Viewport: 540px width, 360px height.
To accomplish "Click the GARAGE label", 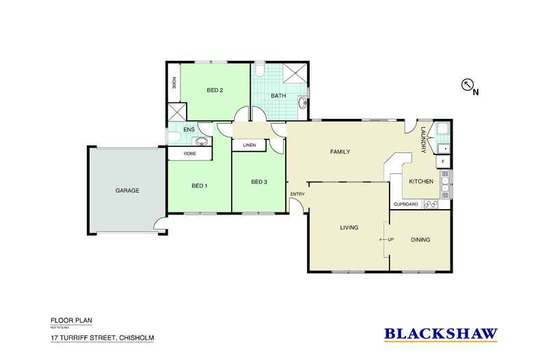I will (127, 191).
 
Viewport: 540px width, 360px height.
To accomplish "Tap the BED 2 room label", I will (215, 89).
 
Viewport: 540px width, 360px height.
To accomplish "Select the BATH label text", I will (278, 96).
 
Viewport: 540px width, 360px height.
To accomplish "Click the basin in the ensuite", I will (201, 141).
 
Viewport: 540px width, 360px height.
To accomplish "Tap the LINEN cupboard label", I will (249, 144).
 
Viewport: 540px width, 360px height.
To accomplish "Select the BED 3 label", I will (259, 182).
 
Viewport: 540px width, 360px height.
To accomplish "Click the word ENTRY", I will (297, 195).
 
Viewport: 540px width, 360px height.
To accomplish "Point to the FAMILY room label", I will (340, 152).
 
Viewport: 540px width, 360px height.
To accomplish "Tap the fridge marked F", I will (443, 161).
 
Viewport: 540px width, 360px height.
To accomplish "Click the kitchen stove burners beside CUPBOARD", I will (431, 204).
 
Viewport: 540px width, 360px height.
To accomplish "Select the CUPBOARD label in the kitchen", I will (406, 204).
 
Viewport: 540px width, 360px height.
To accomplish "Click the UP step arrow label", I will (388, 240).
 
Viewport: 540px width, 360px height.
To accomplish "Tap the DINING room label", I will (421, 240).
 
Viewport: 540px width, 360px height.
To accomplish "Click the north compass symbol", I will (469, 85).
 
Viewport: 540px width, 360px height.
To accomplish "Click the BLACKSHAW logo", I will (440, 334).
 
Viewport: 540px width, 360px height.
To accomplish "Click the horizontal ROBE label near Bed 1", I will (188, 154).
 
